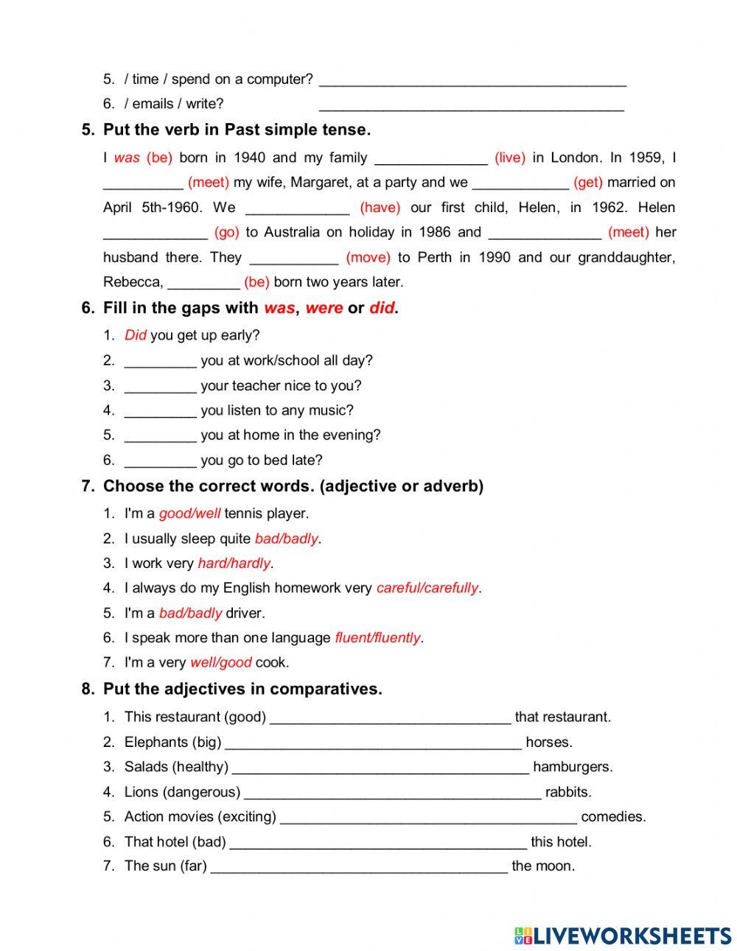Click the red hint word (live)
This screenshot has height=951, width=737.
click(510, 157)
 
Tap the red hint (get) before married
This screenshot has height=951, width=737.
click(588, 182)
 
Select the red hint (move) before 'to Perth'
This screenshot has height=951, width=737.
click(368, 257)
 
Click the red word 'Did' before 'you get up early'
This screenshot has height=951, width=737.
click(136, 335)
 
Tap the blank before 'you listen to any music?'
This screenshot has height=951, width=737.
click(160, 411)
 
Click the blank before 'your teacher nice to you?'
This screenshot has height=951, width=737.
click(160, 386)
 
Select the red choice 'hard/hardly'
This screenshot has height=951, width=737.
click(234, 564)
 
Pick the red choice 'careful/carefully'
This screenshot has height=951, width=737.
click(427, 588)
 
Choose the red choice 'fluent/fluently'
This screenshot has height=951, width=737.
click(377, 638)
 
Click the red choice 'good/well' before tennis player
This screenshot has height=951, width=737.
click(189, 513)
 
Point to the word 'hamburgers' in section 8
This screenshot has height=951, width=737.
click(573, 767)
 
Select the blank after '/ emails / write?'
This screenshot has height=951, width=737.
click(472, 105)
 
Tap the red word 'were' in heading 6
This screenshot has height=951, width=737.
click(324, 308)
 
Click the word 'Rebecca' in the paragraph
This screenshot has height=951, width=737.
click(133, 282)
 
